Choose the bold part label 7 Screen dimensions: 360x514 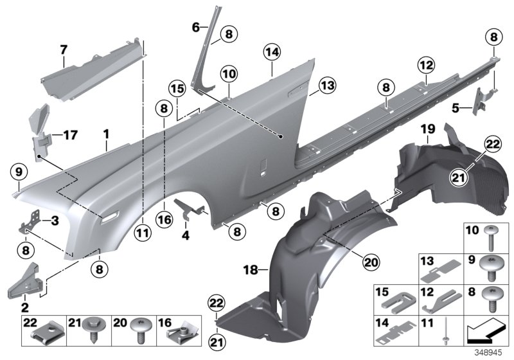64,49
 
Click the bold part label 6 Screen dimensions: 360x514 197,27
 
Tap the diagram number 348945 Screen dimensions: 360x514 492,353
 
